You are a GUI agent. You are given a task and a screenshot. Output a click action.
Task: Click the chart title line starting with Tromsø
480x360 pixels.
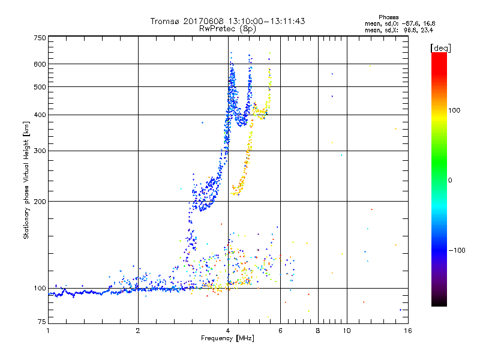tap(227, 21)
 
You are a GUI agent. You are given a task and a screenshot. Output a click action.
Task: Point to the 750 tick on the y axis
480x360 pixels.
tap(40, 38)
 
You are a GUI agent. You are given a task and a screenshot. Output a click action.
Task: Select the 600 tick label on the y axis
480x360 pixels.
tap(40, 64)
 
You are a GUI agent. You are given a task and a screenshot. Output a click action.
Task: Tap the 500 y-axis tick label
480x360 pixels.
tap(40, 87)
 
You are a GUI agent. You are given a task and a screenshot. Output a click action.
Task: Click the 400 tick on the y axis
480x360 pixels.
tap(40, 115)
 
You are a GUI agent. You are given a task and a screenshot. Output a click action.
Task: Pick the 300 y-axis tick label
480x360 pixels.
tap(40, 151)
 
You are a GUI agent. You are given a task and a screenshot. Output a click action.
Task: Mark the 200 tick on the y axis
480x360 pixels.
tap(40, 202)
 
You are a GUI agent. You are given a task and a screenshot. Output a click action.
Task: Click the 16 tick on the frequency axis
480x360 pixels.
tap(407, 331)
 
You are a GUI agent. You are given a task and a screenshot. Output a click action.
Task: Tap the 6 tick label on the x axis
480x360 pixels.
tap(280, 331)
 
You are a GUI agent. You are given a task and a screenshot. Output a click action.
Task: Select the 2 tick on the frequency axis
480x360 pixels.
tap(138, 331)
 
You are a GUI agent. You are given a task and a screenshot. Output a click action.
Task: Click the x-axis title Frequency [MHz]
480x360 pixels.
tap(227, 338)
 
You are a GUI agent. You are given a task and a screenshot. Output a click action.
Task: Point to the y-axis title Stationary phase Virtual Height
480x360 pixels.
tap(26, 180)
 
